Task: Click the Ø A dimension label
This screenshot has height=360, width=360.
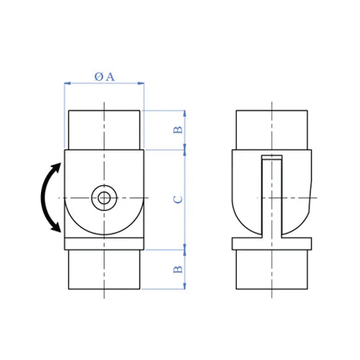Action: tap(104, 77)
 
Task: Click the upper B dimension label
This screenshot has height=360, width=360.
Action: tap(178, 130)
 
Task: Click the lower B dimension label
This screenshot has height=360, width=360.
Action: tap(178, 269)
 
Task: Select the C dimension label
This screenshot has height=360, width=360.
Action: tap(178, 199)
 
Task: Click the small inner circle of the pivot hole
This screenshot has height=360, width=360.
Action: tap(104, 198)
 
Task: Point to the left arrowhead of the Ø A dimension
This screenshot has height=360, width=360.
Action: tap(67, 84)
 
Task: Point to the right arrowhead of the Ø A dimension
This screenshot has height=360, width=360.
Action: tap(141, 84)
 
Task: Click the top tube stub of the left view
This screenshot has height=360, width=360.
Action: tap(104, 130)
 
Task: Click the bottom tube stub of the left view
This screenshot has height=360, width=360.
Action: tap(104, 269)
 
